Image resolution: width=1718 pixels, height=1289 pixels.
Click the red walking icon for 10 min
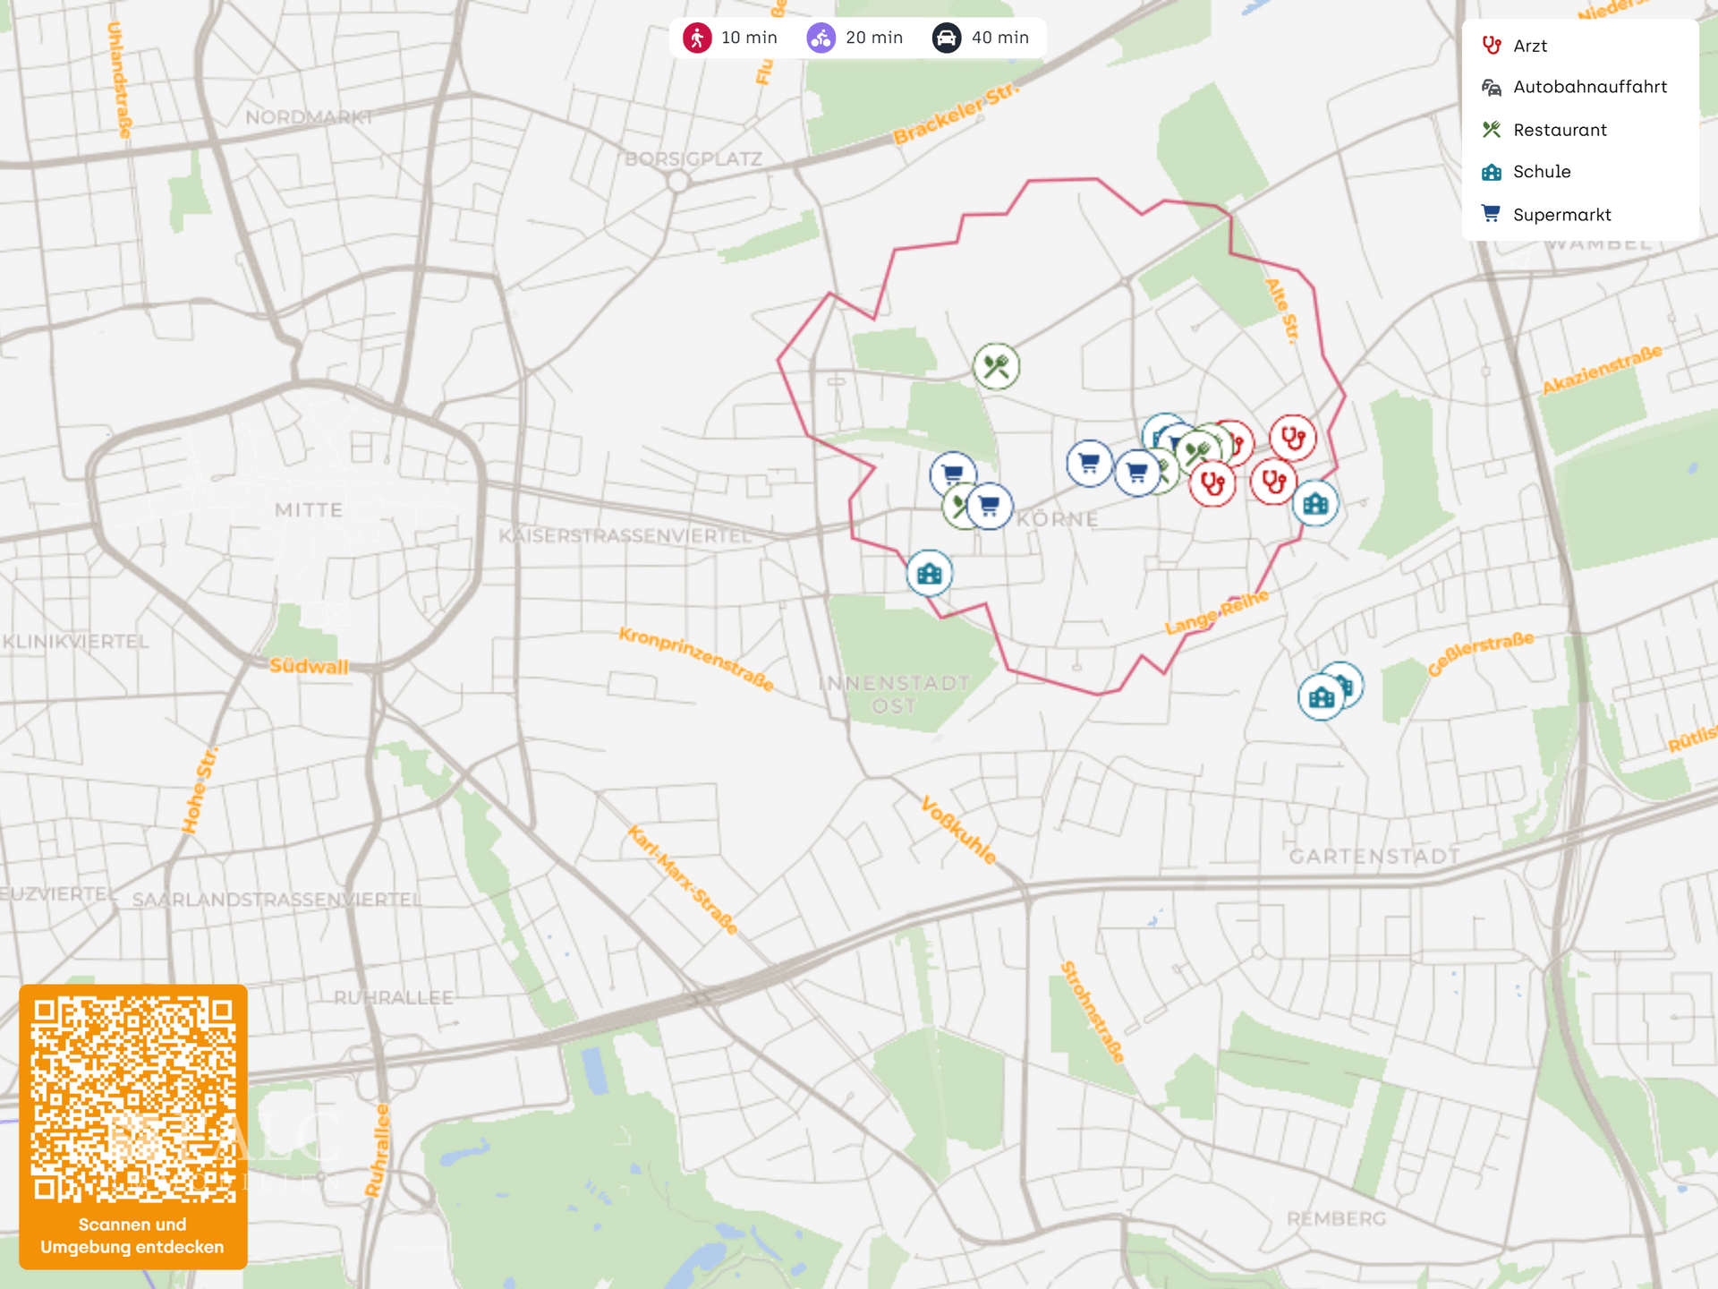pos(697,38)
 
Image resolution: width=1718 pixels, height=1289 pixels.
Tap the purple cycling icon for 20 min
pos(821,38)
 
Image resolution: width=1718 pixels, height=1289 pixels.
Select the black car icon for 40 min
pos(946,38)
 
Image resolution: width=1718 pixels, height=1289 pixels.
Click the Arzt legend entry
pos(1529,46)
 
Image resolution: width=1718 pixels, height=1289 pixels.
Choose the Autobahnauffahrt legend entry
pos(1589,87)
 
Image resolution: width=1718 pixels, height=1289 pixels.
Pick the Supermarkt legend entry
pos(1561,215)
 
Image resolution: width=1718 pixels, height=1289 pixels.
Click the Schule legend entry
pos(1541,172)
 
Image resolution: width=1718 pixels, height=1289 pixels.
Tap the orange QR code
pos(133,1099)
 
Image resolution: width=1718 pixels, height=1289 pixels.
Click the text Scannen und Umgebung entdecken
pos(132,1235)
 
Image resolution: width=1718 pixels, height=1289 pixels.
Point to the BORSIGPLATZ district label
pos(693,159)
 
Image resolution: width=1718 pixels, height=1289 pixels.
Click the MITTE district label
pos(309,510)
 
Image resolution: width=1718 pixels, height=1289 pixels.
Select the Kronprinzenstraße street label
pos(696,659)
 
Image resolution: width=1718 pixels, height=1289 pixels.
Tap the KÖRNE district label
pos(1057,519)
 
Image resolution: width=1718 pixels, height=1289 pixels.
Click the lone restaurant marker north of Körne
pos(996,366)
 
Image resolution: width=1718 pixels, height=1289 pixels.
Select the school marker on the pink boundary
pos(930,573)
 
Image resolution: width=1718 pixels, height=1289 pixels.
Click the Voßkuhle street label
pos(958,830)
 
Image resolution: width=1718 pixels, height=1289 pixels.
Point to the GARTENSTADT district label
pos(1374,857)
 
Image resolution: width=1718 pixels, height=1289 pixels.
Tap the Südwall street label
pos(309,666)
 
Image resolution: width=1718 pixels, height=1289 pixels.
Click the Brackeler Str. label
pos(955,114)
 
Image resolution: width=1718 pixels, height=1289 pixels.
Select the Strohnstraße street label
pos(1092,1012)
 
